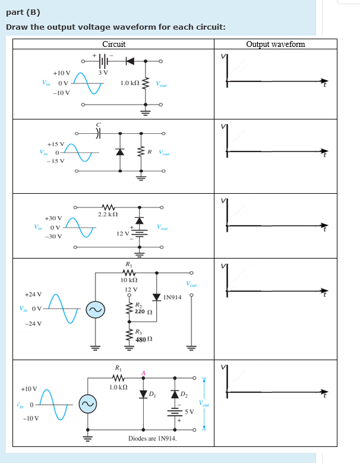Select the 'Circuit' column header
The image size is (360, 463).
[x=113, y=44]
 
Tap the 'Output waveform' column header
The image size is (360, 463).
[x=275, y=44]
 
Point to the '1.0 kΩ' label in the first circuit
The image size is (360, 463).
[x=130, y=83]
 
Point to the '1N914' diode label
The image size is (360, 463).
[x=172, y=297]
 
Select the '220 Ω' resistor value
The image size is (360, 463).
[x=141, y=311]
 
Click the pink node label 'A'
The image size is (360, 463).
[x=143, y=373]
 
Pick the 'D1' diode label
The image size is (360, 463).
[x=151, y=395]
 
